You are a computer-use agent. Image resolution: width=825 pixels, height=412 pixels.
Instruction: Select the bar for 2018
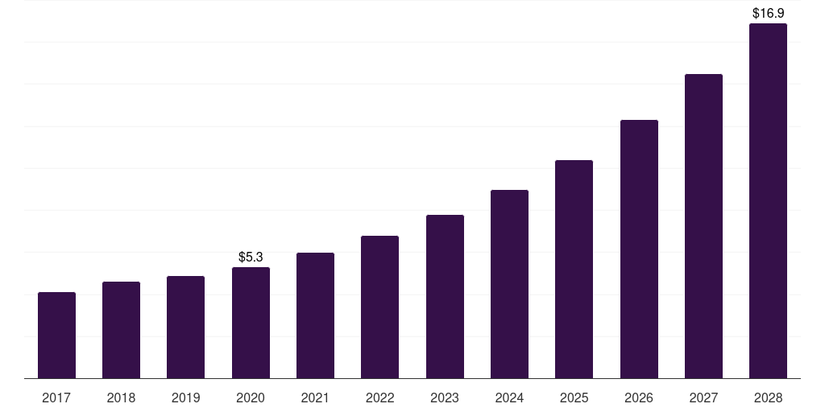121,330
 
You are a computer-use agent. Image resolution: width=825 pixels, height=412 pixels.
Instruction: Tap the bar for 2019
185,327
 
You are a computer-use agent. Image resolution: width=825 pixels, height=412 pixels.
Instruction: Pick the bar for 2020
251,323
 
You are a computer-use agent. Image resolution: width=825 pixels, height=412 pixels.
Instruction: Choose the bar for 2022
379,307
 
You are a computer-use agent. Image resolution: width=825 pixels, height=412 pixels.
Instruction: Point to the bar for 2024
509,284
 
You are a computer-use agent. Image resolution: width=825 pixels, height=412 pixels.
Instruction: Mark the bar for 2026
639,249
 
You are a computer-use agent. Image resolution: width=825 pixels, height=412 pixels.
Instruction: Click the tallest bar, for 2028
768,200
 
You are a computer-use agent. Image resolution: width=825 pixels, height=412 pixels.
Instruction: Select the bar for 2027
703,226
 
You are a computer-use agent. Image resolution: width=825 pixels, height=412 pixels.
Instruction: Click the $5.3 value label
251,257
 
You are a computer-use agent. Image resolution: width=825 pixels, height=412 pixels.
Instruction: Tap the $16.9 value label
768,13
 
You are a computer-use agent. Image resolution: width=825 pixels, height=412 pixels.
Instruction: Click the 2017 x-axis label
56,398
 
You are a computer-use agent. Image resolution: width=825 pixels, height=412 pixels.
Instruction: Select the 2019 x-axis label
185,398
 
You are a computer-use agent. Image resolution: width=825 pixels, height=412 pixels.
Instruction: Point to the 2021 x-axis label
315,398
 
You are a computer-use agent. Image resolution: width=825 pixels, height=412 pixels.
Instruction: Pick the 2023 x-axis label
445,398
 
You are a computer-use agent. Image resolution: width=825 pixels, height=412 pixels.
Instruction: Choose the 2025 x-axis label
574,398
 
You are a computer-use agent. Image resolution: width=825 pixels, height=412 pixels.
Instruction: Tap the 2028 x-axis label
768,398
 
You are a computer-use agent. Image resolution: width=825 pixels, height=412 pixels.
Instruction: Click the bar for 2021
315,315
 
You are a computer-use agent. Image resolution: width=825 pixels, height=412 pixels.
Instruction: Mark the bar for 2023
445,296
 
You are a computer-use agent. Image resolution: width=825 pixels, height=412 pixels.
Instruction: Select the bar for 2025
574,269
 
